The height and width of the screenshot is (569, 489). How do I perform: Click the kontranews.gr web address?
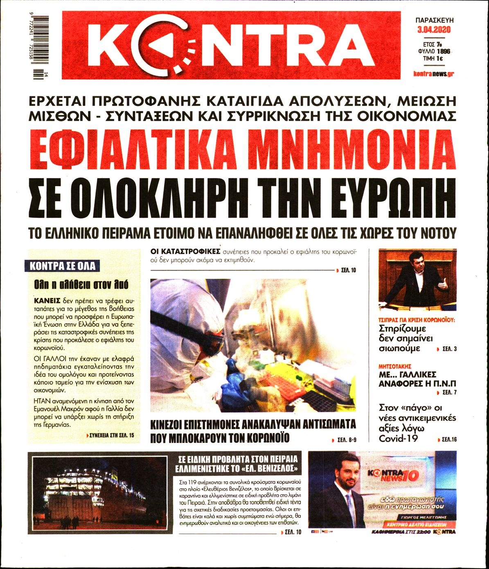point(433,74)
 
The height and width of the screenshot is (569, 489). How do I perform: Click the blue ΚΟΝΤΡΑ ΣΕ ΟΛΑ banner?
point(63,266)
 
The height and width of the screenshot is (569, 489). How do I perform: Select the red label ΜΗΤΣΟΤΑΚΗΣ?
point(395,366)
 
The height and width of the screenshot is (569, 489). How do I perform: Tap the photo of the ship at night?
point(97,493)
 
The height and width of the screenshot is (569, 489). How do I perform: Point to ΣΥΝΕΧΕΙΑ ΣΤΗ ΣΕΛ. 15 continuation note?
point(110,436)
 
